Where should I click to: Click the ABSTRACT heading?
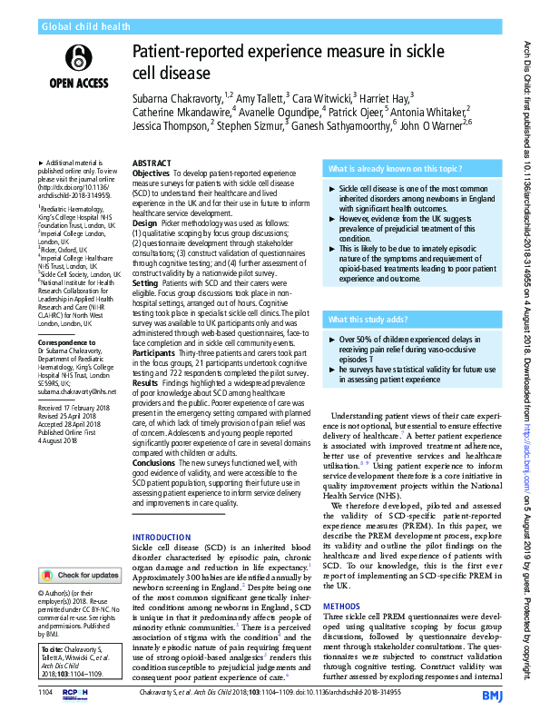coord(152,163)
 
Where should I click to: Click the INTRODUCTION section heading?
coord(163,538)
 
